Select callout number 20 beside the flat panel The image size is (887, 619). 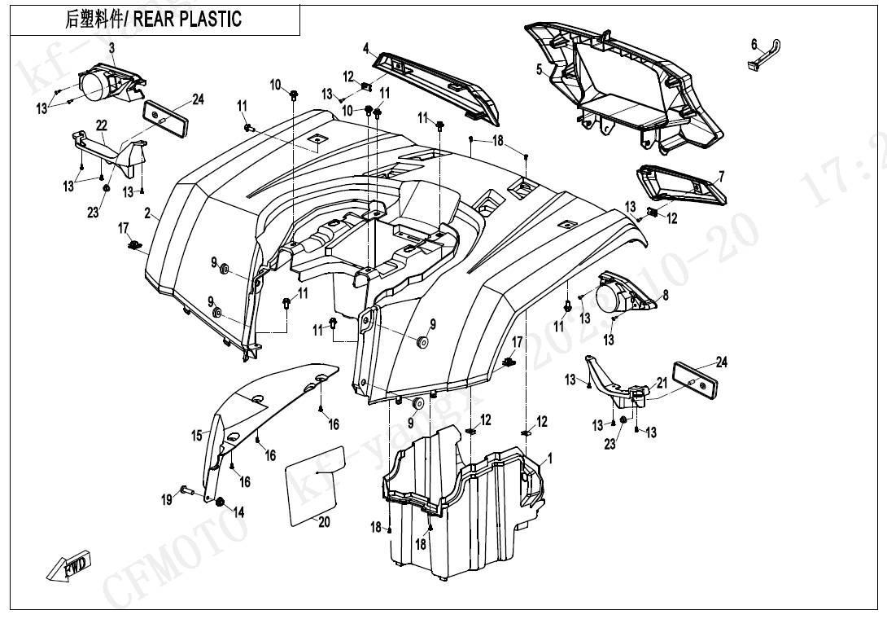[x=324, y=522]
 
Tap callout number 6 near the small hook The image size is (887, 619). [x=754, y=43]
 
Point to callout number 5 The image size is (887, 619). [x=539, y=70]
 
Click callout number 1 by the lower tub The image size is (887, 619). [x=549, y=459]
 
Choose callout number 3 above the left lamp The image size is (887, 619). [x=111, y=48]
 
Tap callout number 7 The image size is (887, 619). [x=720, y=176]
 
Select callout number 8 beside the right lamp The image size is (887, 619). [x=665, y=296]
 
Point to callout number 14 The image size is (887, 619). [x=238, y=511]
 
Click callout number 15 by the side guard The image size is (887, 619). [x=197, y=436]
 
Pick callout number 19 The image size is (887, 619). [x=167, y=499]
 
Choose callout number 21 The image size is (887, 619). [x=662, y=382]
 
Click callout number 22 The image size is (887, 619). [x=101, y=125]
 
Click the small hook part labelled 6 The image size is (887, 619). [x=763, y=55]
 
